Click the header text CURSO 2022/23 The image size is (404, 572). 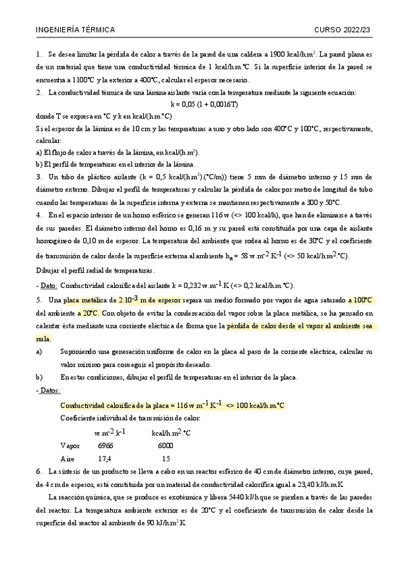click(343, 30)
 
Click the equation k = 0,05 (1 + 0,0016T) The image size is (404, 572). click(204, 105)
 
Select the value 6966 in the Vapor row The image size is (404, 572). click(106, 446)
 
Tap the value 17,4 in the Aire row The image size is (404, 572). click(105, 459)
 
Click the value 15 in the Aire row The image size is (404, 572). click(166, 459)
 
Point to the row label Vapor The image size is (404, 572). click(70, 446)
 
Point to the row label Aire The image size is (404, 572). click(68, 459)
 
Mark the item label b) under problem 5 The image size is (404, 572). click(38, 377)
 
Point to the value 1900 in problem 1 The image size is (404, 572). click(280, 53)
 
